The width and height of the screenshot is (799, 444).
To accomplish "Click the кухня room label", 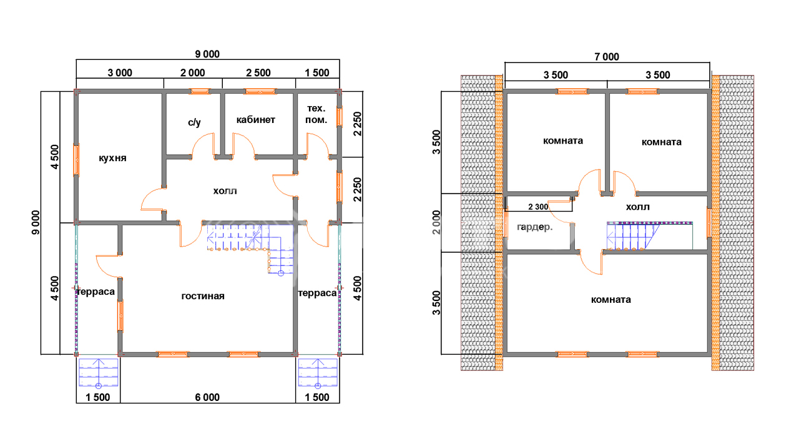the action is coord(112,158).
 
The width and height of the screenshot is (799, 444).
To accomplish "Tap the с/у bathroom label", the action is coord(194,122).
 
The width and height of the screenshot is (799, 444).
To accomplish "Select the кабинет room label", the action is coord(256,120).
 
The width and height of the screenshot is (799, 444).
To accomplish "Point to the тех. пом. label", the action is coord(316,114).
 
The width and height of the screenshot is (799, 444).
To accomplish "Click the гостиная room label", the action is coord(203,296).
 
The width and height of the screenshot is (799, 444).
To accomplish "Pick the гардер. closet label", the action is coord(535,227).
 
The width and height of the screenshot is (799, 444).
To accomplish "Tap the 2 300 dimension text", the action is coord(538,207).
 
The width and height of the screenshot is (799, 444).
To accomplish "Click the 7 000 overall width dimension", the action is coord(607,57).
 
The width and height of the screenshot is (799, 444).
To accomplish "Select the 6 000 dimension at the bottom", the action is coord(207,397).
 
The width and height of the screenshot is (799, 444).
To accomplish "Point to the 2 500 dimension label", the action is coord(258,73).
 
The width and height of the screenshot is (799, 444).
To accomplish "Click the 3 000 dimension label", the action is coord(120,73).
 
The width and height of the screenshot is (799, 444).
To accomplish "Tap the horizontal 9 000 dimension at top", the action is coord(207,54).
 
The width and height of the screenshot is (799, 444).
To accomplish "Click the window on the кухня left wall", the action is coord(76,159).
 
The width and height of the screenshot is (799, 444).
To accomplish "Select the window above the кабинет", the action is coord(260,91).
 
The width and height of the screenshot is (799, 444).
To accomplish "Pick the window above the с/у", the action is coord(199,91).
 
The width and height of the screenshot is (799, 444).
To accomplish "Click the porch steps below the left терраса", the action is coord(99,373).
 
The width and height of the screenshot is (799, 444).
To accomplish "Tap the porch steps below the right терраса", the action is coord(318,373).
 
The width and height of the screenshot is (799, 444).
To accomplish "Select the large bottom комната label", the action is coord(611,300).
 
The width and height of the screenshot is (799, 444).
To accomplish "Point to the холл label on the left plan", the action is coord(225,191).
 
